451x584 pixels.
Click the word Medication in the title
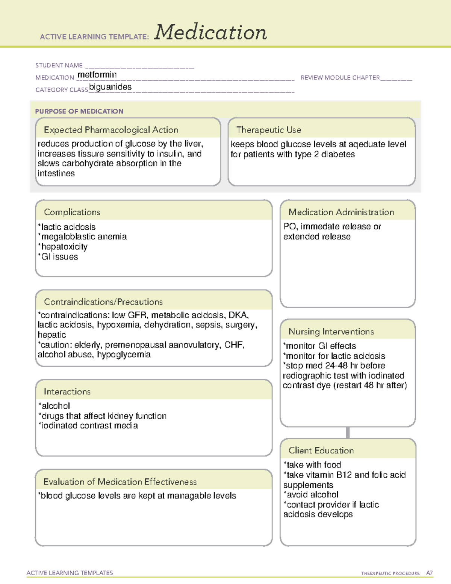(210, 32)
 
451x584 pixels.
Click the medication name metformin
(97, 75)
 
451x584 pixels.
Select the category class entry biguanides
(110, 87)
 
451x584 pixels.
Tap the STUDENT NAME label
(59, 65)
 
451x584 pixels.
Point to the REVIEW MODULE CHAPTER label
(340, 77)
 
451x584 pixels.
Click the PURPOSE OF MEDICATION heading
(79, 111)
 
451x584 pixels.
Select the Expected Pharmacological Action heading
(111, 130)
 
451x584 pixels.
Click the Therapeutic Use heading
(269, 130)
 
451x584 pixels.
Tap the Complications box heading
(72, 212)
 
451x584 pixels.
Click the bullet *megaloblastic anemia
(82, 237)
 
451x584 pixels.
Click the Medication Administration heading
(341, 212)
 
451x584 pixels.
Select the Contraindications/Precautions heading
(103, 302)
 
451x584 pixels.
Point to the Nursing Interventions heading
(331, 331)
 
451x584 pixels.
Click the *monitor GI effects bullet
(319, 346)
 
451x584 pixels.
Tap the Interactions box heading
(67, 391)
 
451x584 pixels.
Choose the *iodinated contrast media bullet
(88, 426)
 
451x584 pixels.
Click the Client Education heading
(321, 451)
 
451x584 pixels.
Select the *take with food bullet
(312, 465)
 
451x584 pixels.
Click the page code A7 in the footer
(429, 573)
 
